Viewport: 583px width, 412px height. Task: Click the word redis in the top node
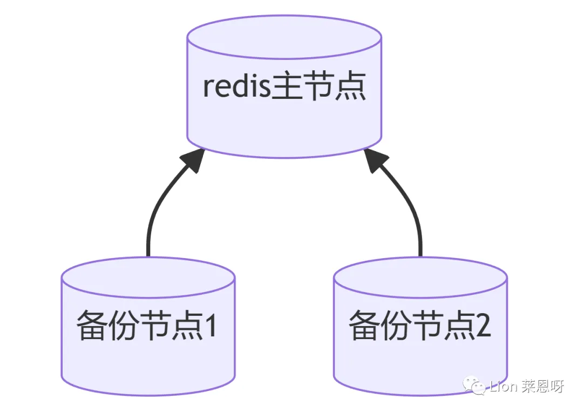[x=236, y=86]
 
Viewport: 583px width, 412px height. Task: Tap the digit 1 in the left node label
[x=211, y=326]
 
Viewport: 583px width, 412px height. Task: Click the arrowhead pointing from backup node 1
[x=193, y=160]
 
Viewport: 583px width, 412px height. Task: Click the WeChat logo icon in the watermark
[x=474, y=386]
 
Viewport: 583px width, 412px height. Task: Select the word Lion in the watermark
[x=504, y=387]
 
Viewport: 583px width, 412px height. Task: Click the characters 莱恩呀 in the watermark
[x=543, y=387]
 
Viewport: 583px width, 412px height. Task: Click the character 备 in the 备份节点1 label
[x=91, y=326]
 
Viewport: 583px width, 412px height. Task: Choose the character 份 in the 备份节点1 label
[x=123, y=326]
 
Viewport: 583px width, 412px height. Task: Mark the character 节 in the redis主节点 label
[x=318, y=86]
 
